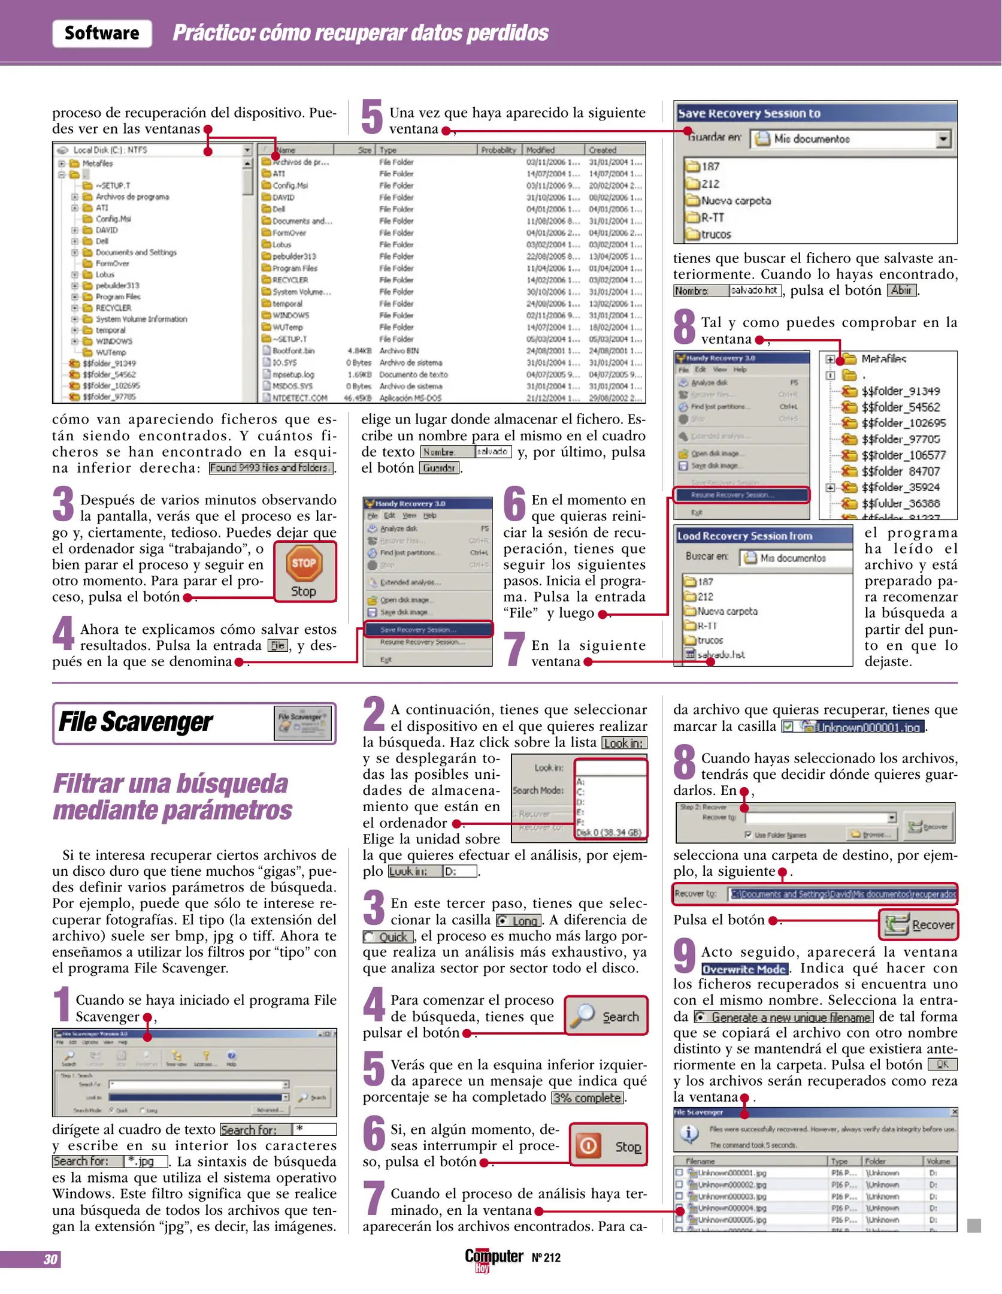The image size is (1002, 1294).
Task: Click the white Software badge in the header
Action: tap(102, 33)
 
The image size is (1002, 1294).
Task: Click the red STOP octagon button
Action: tap(304, 563)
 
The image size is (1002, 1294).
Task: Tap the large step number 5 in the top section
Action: tap(372, 118)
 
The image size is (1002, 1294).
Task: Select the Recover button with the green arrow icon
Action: tap(919, 924)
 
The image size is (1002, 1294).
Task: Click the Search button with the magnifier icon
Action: tap(606, 1016)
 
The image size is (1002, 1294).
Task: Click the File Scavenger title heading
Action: tap(135, 722)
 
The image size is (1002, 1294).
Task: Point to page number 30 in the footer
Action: tap(50, 1259)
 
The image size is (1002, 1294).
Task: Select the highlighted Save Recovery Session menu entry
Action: tap(428, 629)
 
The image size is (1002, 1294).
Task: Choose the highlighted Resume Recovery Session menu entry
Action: tap(741, 495)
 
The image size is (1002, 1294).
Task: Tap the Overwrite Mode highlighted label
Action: tap(743, 969)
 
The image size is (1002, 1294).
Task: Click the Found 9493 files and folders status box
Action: tap(271, 468)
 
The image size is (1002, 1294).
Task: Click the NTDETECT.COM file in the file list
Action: tap(299, 398)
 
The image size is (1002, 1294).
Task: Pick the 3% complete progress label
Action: tap(586, 1098)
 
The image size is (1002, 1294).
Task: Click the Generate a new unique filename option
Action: tap(783, 1017)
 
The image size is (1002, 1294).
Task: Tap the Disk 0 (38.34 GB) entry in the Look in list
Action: tap(609, 832)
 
